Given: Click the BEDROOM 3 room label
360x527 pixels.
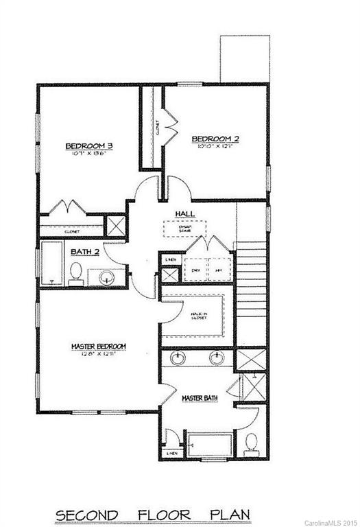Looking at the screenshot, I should pyautogui.click(x=89, y=145).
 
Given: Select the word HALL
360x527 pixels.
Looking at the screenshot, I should pyautogui.click(x=185, y=214).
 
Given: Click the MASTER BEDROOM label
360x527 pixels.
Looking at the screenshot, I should pyautogui.click(x=98, y=346).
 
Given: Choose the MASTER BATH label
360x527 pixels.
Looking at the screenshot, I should pyautogui.click(x=199, y=398).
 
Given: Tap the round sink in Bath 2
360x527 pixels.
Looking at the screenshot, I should pyautogui.click(x=106, y=277).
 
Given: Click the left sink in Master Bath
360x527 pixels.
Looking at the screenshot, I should pyautogui.click(x=179, y=358).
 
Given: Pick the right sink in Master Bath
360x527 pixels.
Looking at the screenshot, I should pyautogui.click(x=216, y=358).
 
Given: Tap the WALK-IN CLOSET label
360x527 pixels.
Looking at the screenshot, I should pyautogui.click(x=200, y=316).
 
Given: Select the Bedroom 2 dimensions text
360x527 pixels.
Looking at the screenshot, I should pyautogui.click(x=215, y=146).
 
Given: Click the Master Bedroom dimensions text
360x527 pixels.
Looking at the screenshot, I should pyautogui.click(x=98, y=353).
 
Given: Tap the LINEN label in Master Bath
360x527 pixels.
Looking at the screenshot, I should pyautogui.click(x=171, y=454).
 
